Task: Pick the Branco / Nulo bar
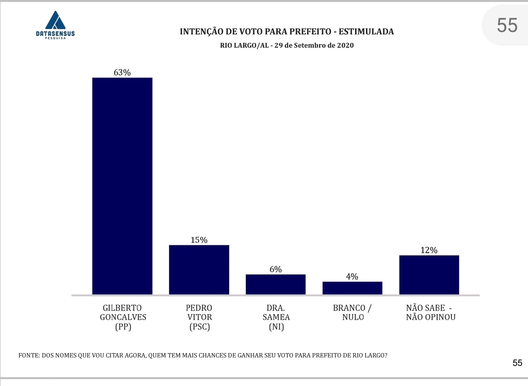[352, 288]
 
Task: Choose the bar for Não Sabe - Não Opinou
[429, 275]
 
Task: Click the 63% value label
[122, 72]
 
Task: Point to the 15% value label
[199, 240]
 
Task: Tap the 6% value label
[275, 269]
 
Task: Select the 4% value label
[352, 276]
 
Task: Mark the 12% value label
[429, 250]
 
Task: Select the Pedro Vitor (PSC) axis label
[199, 317]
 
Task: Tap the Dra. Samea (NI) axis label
[275, 317]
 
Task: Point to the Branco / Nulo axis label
[352, 313]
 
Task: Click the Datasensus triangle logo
[55, 20]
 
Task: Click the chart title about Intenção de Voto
[287, 31]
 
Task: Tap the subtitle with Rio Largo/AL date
[287, 45]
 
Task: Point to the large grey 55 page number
[507, 25]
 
